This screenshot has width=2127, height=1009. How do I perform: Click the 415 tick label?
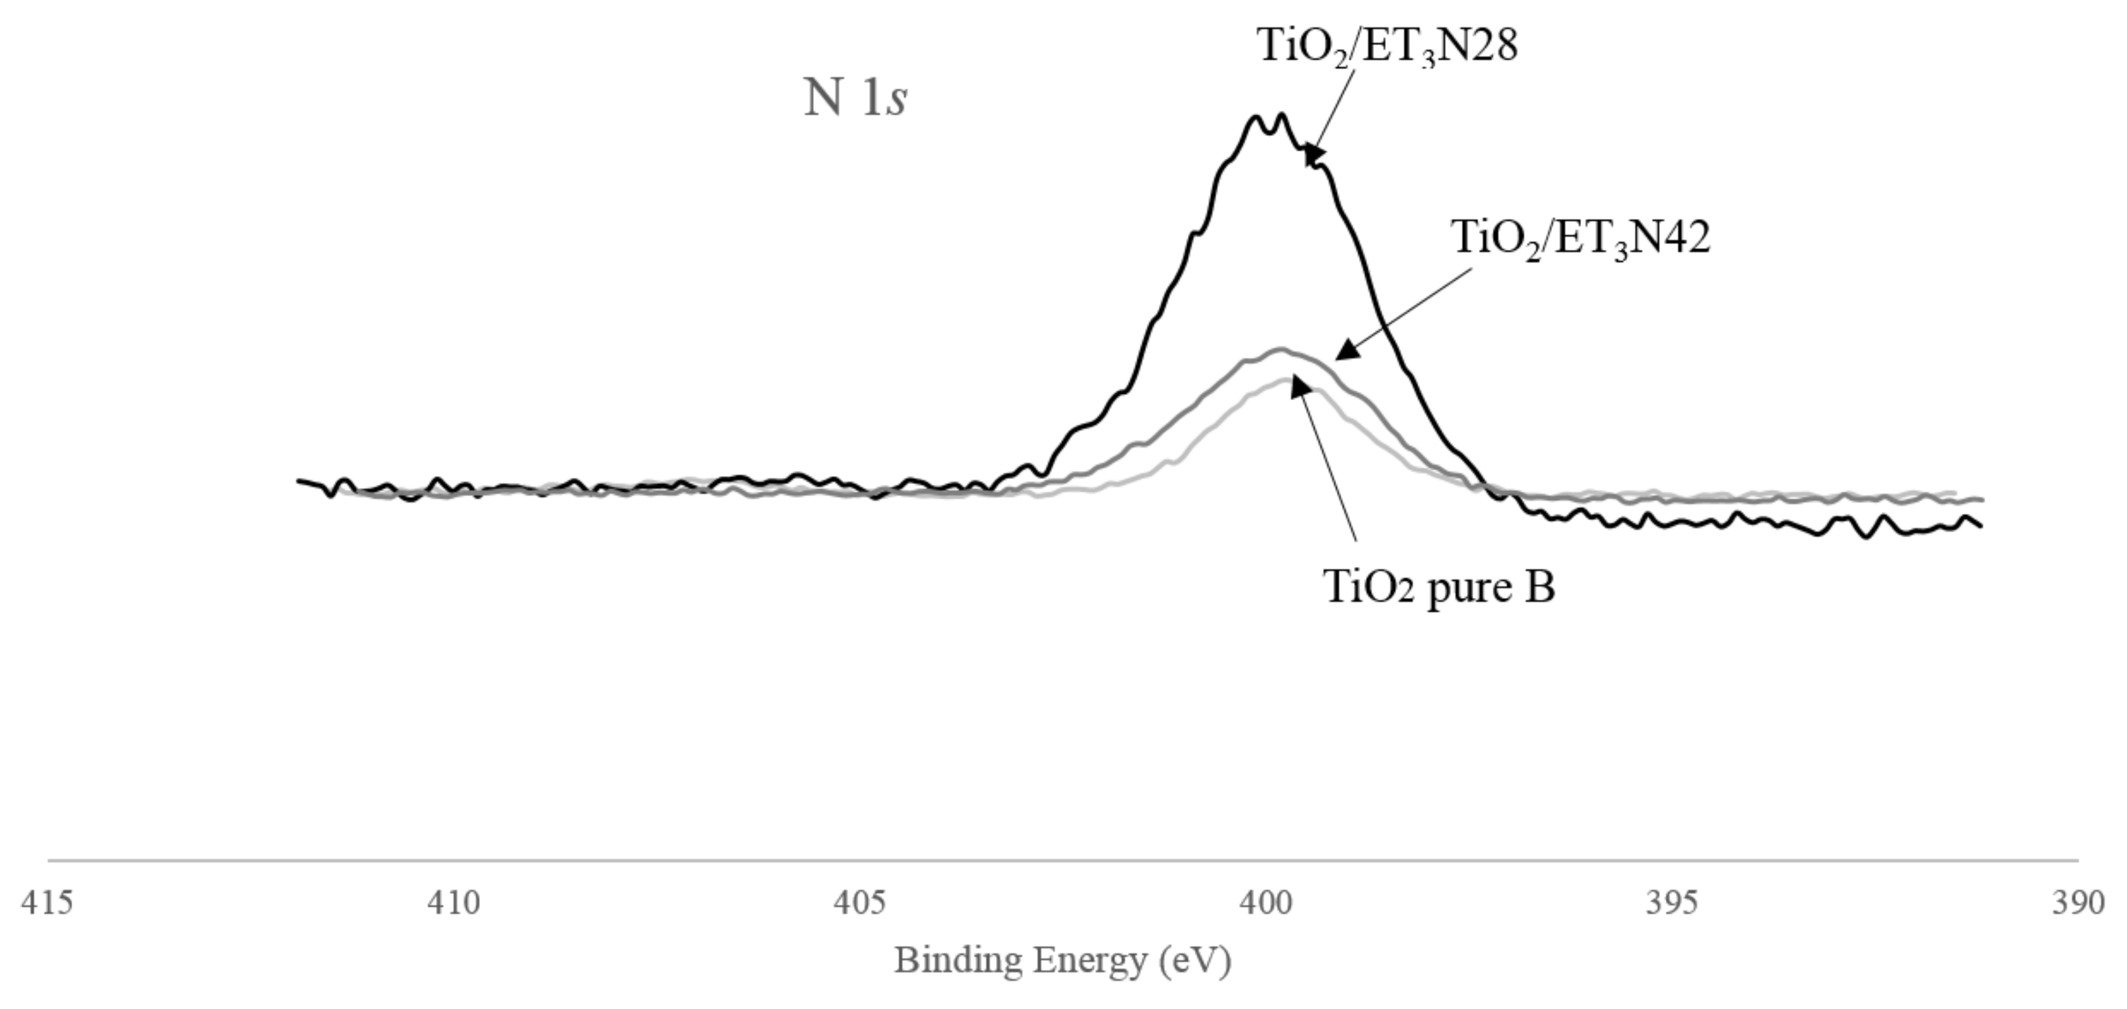click(x=46, y=903)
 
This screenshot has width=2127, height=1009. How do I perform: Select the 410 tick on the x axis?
click(x=453, y=903)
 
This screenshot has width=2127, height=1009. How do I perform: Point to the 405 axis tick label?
click(x=859, y=903)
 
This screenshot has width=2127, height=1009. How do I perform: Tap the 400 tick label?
click(x=1266, y=903)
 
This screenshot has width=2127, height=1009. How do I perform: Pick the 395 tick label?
click(x=1672, y=903)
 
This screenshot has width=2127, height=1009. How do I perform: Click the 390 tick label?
click(x=2078, y=903)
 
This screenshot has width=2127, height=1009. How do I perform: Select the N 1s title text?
click(x=855, y=98)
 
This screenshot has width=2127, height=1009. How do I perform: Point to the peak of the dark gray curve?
click(x=1281, y=349)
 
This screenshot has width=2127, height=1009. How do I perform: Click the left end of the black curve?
click(x=299, y=480)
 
